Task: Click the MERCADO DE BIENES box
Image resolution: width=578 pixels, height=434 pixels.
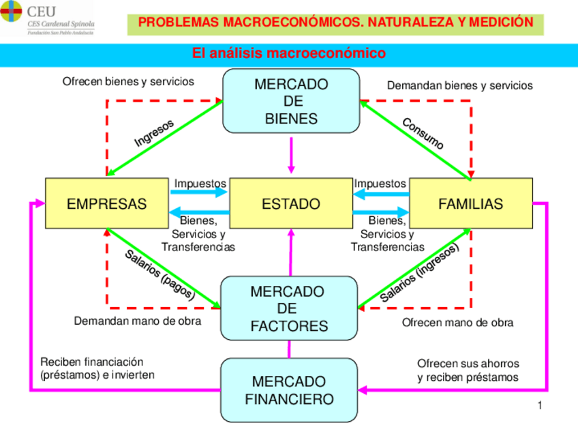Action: point(291,101)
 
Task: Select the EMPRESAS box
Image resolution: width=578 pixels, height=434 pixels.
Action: point(106,203)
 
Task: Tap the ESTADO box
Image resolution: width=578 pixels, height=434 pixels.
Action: point(291,203)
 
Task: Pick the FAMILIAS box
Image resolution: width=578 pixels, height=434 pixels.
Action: point(470,203)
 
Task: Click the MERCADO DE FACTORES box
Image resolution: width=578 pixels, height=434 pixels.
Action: point(289,308)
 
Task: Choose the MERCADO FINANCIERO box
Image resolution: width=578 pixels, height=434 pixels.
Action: point(289,390)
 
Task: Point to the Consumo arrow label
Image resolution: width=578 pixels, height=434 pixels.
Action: point(423,134)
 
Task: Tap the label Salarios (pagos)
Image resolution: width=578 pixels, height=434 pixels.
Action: point(160,275)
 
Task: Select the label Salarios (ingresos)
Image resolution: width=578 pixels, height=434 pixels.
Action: point(419,274)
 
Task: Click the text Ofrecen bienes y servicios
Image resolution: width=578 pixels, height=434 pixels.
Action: point(128,81)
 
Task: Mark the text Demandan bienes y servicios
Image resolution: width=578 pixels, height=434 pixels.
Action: point(460,85)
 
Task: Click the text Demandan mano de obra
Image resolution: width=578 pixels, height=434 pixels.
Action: point(138,321)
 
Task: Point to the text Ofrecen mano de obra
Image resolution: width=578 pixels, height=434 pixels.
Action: point(457,322)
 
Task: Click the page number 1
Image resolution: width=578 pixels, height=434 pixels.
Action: point(540,406)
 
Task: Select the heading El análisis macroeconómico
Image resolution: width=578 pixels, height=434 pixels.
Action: point(289,53)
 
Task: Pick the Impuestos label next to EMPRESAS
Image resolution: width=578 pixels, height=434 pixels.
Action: point(200,184)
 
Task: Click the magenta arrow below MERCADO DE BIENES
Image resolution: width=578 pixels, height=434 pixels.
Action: point(292,155)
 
